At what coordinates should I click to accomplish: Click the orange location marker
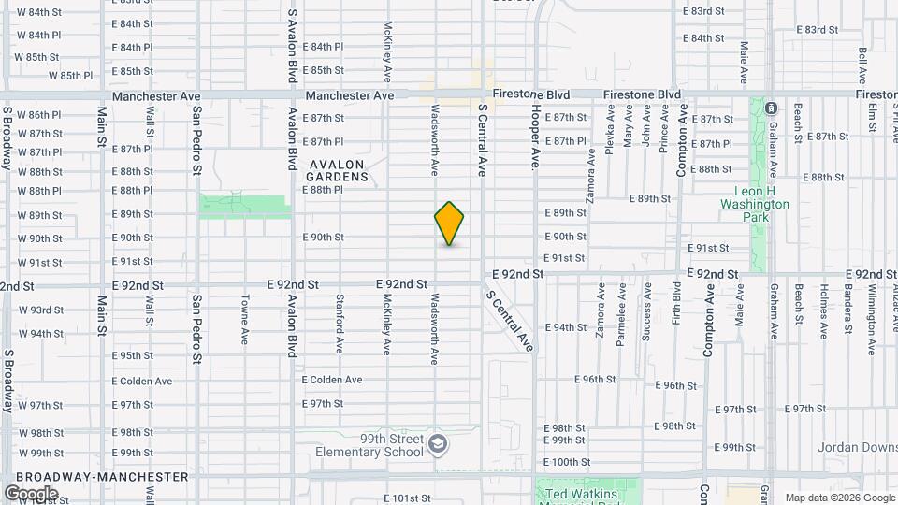(x=450, y=223)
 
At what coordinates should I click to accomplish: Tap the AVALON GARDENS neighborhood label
(x=337, y=169)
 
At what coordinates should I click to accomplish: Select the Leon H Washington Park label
(x=756, y=204)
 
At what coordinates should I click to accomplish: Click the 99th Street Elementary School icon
(x=437, y=443)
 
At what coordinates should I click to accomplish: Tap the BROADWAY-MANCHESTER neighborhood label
(x=102, y=476)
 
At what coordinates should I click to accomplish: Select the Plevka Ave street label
(x=610, y=128)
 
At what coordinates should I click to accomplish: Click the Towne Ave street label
(x=244, y=320)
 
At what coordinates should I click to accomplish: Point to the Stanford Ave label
(x=340, y=324)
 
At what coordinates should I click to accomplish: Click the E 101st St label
(x=407, y=498)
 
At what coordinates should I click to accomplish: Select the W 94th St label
(x=39, y=333)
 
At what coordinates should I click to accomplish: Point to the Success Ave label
(x=646, y=320)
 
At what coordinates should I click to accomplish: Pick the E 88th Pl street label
(x=324, y=189)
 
